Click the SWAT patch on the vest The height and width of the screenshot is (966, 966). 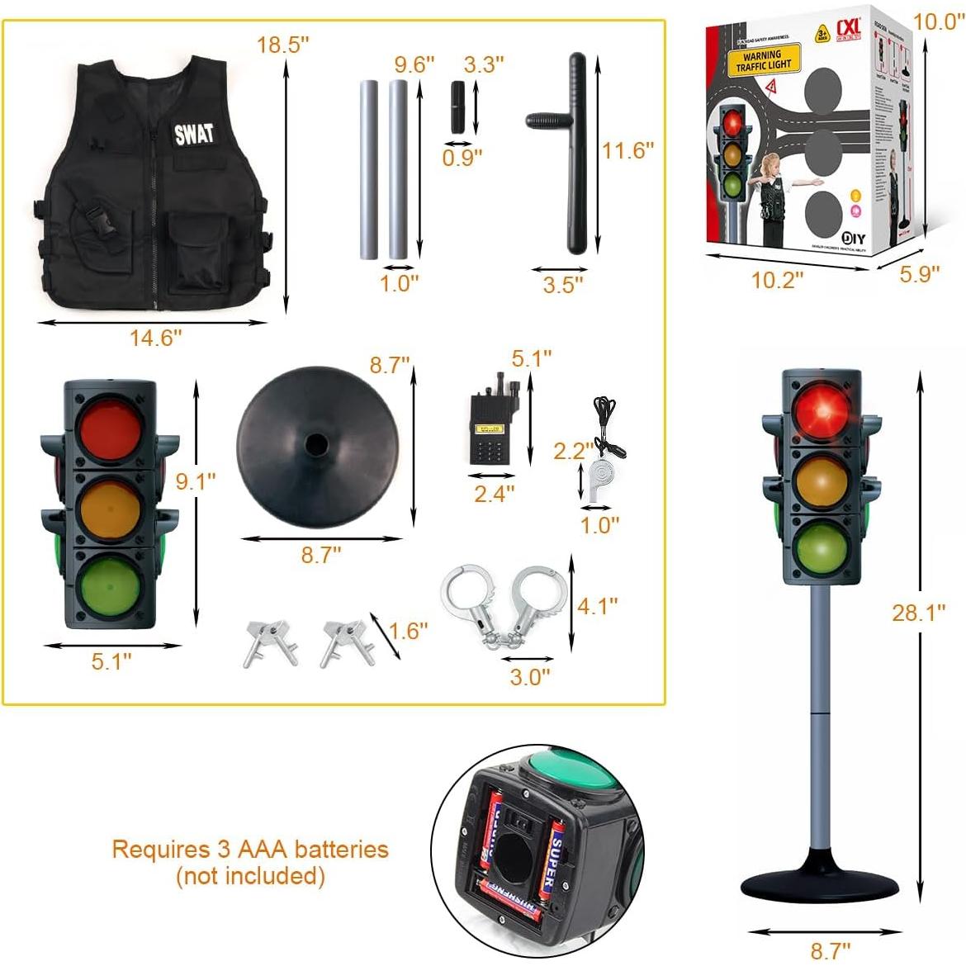click(194, 134)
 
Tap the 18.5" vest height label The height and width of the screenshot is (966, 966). click(282, 45)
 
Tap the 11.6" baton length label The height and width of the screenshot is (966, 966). click(627, 150)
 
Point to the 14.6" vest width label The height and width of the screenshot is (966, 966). click(155, 337)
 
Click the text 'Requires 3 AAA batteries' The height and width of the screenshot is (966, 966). click(250, 848)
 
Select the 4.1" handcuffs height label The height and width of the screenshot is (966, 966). click(597, 606)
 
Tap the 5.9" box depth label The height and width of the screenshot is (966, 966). click(920, 272)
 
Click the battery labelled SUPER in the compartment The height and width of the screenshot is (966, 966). click(555, 859)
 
